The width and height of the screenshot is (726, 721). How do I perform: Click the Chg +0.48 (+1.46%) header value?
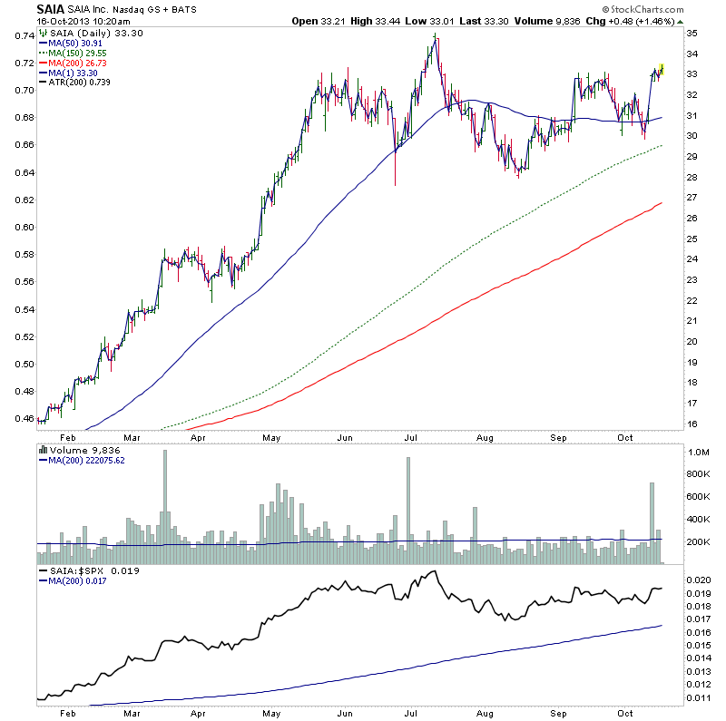point(636,20)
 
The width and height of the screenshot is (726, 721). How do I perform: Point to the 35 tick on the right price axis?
point(692,33)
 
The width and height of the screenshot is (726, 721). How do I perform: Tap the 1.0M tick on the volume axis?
point(698,451)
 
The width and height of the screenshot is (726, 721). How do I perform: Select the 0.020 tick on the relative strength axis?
point(699,579)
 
